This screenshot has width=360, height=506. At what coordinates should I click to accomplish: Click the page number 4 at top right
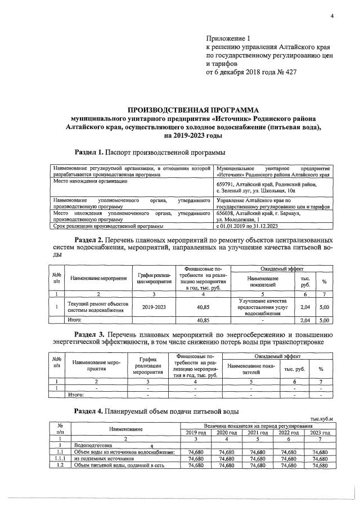pos(332,16)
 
